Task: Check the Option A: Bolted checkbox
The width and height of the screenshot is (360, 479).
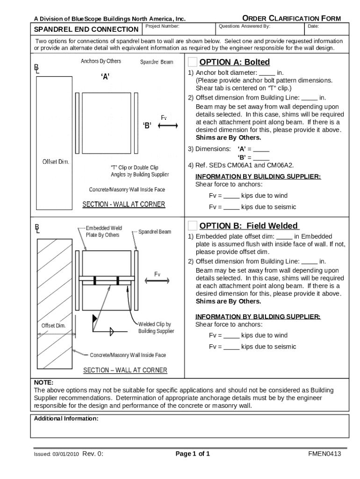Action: [x=193, y=62]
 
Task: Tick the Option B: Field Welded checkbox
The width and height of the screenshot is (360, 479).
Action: [x=193, y=225]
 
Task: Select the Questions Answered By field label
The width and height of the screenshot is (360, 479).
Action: [x=244, y=26]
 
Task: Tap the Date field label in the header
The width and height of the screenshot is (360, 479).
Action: [x=313, y=26]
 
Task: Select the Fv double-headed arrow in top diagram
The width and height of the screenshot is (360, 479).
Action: [x=168, y=125]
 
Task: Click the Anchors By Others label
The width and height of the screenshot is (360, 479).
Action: [x=101, y=61]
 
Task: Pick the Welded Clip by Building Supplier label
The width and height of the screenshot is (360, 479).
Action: [x=156, y=327]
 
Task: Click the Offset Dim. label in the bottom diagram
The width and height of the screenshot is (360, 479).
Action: [x=53, y=326]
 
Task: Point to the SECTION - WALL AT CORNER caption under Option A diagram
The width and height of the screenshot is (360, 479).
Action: [x=123, y=204]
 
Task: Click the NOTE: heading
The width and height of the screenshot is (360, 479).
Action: [x=43, y=382]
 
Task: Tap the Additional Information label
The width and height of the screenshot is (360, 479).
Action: [x=66, y=419]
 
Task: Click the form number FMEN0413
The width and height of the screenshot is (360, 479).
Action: [x=324, y=454]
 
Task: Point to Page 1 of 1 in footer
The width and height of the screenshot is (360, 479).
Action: [x=192, y=454]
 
